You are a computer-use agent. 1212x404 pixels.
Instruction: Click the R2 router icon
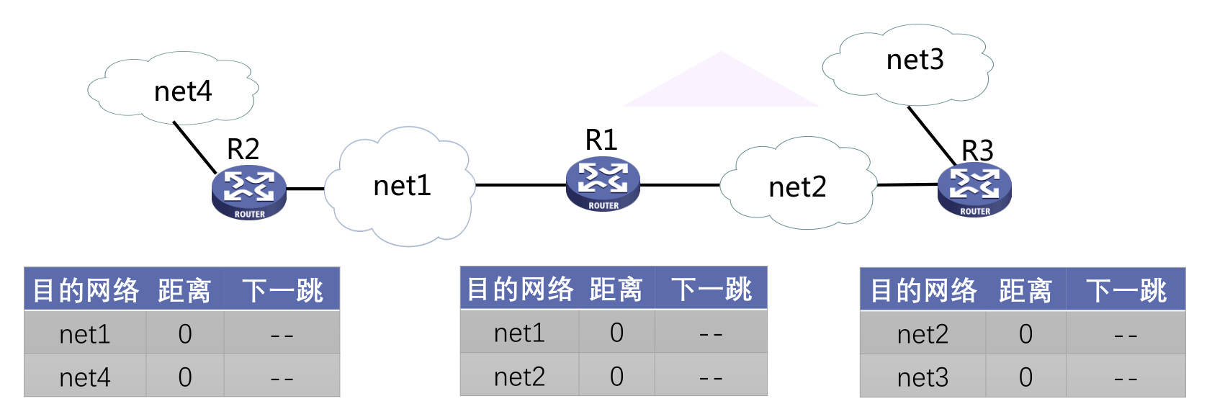pos(249,192)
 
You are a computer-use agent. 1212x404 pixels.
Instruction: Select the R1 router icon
pos(603,184)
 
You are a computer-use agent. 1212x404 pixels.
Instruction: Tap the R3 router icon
pos(974,189)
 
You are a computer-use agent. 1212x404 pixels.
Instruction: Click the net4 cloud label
pos(183,91)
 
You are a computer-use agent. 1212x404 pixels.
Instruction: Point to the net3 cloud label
pos(915,60)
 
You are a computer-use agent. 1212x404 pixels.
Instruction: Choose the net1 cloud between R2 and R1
pos(401,186)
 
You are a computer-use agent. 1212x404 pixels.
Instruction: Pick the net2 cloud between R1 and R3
pos(797,187)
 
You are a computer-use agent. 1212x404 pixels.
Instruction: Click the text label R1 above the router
pos(601,140)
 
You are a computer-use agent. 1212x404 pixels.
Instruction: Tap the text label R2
pos(243,149)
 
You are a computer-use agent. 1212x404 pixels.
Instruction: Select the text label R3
pos(977,151)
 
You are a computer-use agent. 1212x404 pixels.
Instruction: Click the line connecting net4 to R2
pos(194,148)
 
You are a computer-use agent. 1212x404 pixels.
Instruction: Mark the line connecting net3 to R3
pos(931,135)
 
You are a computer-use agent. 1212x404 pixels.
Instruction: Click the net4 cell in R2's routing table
pos(85,377)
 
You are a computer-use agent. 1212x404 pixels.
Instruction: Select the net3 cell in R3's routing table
pos(923,377)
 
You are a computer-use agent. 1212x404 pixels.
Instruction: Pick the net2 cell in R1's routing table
pos(519,377)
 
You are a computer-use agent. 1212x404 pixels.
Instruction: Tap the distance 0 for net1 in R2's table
pos(185,334)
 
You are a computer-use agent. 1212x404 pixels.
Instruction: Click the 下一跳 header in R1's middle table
pos(712,289)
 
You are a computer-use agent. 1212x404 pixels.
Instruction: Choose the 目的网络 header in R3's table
pos(923,291)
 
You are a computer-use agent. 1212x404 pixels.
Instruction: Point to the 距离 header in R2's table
pos(184,291)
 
